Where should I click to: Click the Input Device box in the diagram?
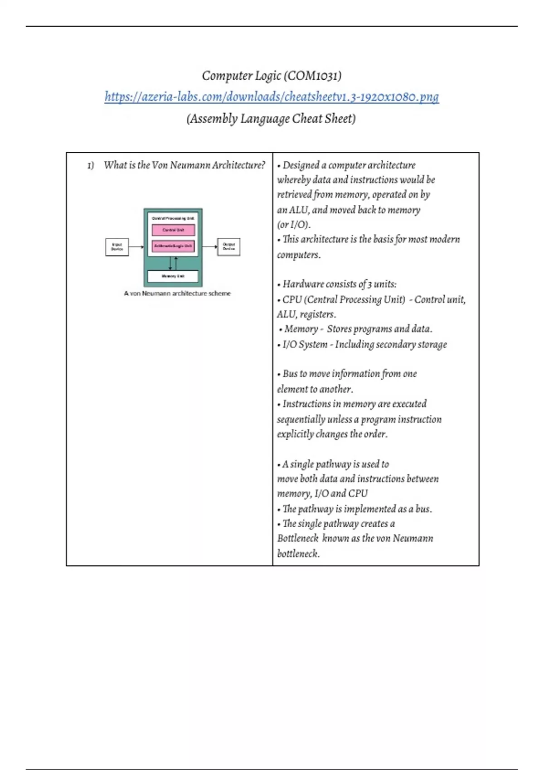[117, 247]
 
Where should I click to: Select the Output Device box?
[229, 247]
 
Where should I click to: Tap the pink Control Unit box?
[173, 230]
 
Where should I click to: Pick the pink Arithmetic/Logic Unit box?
[173, 246]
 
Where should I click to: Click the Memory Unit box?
[173, 276]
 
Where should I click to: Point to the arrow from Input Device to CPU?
[136, 247]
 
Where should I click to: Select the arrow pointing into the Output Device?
[210, 247]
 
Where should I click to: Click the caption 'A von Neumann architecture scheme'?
[177, 294]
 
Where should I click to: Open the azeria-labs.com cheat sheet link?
[272, 97]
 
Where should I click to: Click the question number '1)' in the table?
[91, 165]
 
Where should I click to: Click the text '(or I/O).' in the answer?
[294, 225]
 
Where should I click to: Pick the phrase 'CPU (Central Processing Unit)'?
[344, 299]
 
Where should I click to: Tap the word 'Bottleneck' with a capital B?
[298, 539]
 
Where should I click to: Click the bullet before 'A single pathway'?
[279, 465]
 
